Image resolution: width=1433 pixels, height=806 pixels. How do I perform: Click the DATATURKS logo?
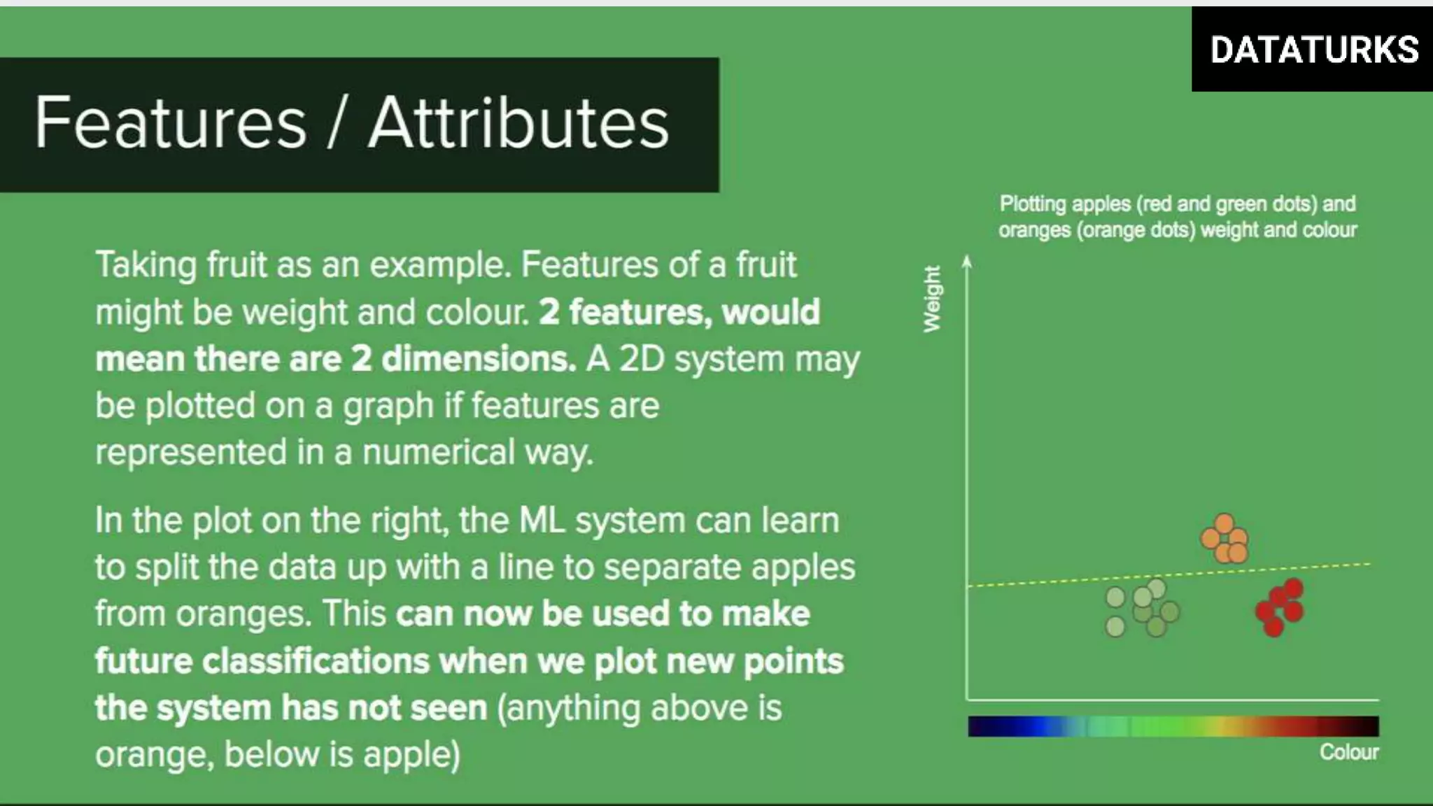(1313, 50)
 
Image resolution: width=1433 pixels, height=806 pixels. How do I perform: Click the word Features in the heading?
(171, 123)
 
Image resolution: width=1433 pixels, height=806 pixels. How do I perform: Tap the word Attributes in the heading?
(518, 123)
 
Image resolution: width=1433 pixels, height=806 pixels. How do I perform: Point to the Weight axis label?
(932, 299)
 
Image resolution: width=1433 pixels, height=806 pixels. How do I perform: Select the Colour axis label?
(1348, 752)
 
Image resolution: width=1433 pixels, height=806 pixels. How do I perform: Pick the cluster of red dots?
(1280, 607)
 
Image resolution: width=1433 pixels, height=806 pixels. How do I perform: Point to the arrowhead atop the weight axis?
(967, 261)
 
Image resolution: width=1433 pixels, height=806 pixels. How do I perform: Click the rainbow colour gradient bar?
(1173, 726)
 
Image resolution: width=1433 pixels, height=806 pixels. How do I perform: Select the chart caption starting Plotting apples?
(1178, 217)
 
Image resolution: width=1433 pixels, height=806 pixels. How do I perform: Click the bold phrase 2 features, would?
(679, 312)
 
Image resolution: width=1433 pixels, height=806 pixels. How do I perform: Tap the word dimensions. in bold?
(479, 359)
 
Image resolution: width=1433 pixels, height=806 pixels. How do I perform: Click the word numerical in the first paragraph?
(439, 452)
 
